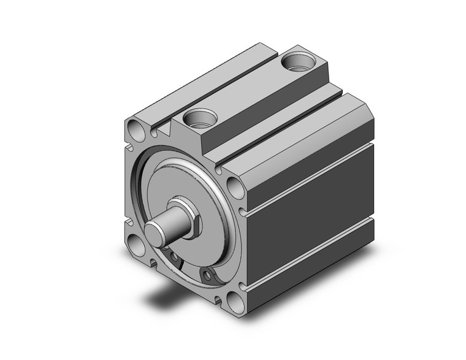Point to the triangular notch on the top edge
(164, 129)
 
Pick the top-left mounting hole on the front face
(135, 129)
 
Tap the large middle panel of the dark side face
(313, 215)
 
